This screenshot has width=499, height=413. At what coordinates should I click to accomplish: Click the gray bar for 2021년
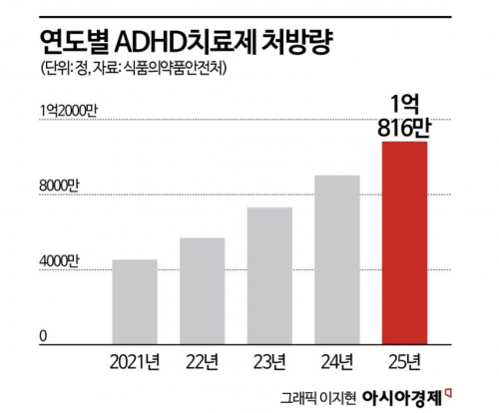(x=135, y=302)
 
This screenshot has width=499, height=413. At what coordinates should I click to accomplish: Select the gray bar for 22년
(x=203, y=291)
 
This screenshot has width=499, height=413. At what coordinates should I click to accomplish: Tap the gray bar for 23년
(x=269, y=275)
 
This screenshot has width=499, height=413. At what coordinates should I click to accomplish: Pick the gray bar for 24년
(x=337, y=259)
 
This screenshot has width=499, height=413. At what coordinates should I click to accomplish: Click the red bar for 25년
(x=404, y=242)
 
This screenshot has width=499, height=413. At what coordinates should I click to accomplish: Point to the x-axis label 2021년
(x=135, y=362)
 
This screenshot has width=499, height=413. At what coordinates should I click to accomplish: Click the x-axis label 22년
(x=203, y=362)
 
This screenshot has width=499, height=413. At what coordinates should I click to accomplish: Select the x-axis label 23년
(x=269, y=362)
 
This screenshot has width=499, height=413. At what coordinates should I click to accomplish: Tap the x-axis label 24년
(x=337, y=362)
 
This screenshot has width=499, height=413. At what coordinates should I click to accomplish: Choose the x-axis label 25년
(x=404, y=362)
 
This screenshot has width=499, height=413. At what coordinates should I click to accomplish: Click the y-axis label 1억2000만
(x=68, y=111)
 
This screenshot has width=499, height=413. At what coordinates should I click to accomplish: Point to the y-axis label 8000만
(x=59, y=187)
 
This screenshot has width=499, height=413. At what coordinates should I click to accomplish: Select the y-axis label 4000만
(x=59, y=261)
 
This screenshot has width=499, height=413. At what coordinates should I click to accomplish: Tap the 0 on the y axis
(x=43, y=336)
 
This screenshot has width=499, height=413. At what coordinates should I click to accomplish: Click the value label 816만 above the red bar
(x=404, y=128)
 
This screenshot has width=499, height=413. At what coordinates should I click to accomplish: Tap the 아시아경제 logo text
(x=402, y=397)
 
